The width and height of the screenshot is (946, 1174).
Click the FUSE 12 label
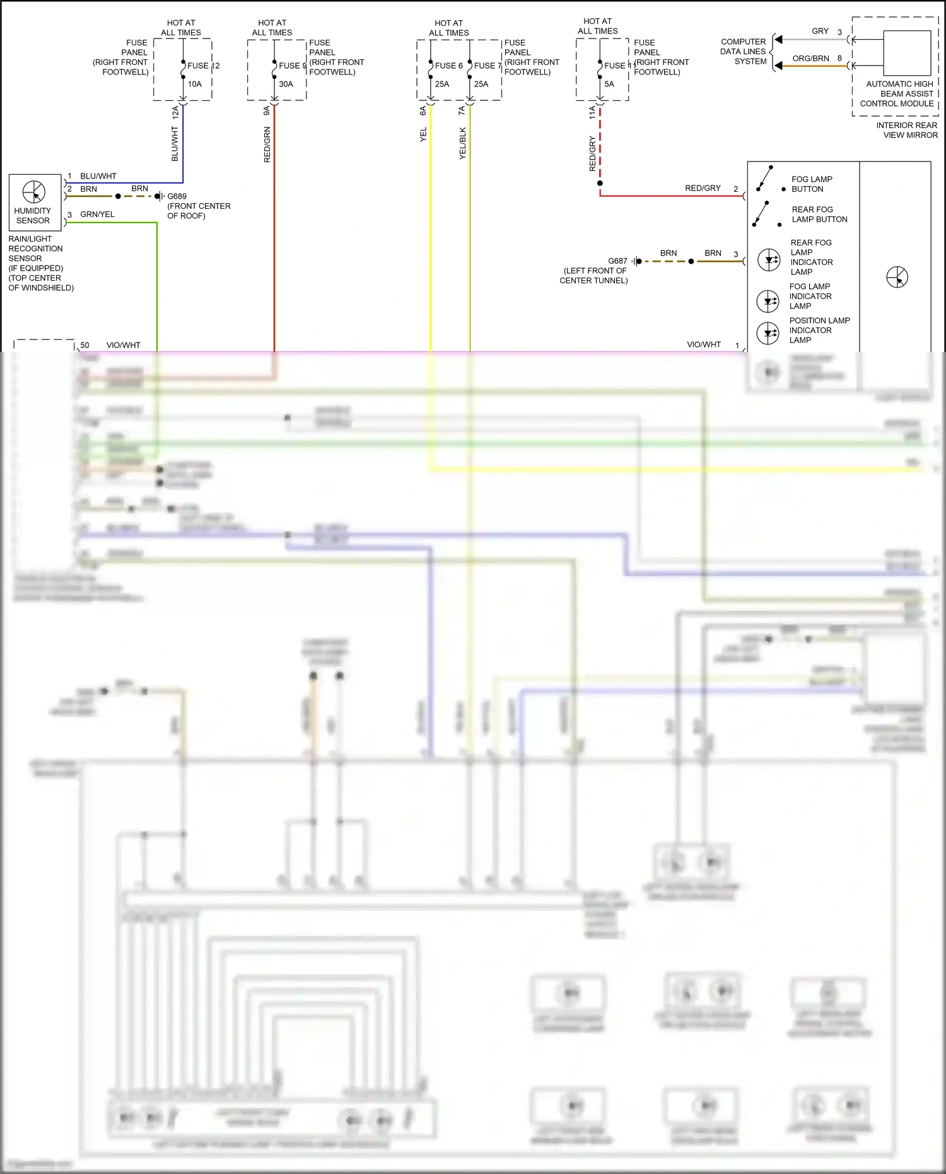pyautogui.click(x=202, y=66)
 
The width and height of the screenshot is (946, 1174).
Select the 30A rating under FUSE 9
pyautogui.click(x=286, y=84)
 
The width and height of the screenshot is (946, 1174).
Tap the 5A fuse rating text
pyautogui.click(x=609, y=84)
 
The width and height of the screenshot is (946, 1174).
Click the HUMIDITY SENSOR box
pyautogui.click(x=35, y=202)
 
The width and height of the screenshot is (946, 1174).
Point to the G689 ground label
pyautogui.click(x=177, y=196)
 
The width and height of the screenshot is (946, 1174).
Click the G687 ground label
pyautogui.click(x=617, y=261)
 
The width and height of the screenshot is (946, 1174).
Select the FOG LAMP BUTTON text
pyautogui.click(x=811, y=184)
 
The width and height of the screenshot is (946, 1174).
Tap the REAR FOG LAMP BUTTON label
pyautogui.click(x=819, y=214)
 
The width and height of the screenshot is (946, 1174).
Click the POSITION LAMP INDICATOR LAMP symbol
pyautogui.click(x=768, y=332)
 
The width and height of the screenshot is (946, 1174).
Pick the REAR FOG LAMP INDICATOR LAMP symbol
pyautogui.click(x=769, y=259)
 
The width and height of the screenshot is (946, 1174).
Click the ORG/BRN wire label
pyautogui.click(x=810, y=59)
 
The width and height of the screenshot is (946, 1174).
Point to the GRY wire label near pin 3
pyautogui.click(x=820, y=31)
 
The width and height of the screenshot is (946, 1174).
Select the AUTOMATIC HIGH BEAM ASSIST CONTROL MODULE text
pyautogui.click(x=899, y=94)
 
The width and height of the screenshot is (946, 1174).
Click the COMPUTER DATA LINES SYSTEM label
pyautogui.click(x=743, y=52)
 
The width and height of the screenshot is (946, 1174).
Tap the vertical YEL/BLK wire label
pyautogui.click(x=462, y=143)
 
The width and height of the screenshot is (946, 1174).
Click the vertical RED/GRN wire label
pyautogui.click(x=267, y=144)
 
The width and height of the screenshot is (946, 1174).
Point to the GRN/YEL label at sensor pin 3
pyautogui.click(x=97, y=214)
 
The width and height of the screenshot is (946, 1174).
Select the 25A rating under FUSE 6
pyautogui.click(x=441, y=84)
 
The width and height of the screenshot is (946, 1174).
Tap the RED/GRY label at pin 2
pyautogui.click(x=703, y=188)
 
